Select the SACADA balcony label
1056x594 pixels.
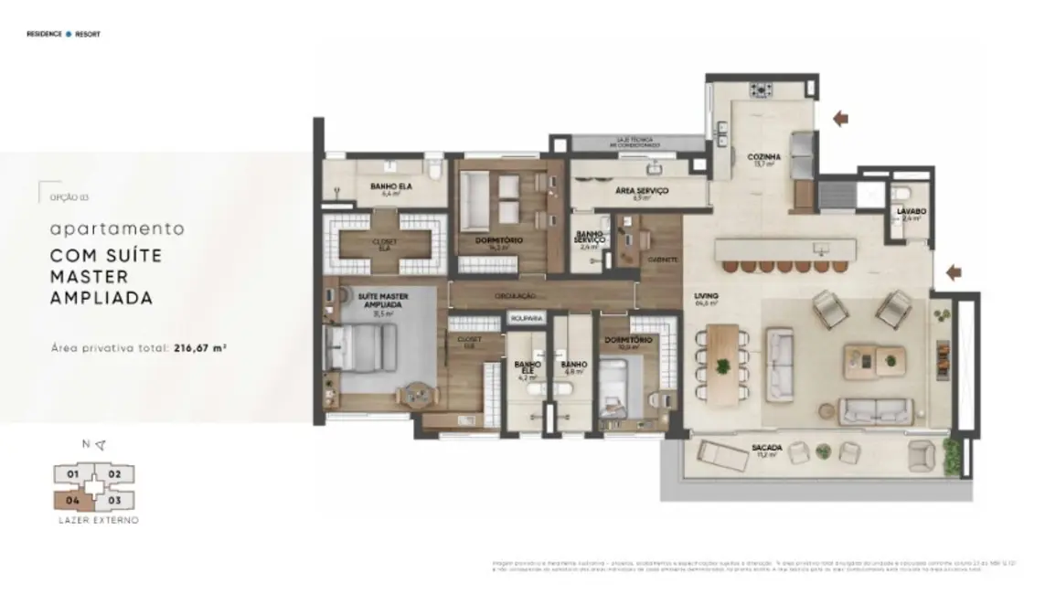click(x=767, y=447)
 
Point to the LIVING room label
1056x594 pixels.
click(x=706, y=296)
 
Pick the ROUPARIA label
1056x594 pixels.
click(x=528, y=318)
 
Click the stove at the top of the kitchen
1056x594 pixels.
click(x=761, y=90)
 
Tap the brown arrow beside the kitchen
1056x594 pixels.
click(x=841, y=117)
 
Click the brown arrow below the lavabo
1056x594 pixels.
click(x=954, y=271)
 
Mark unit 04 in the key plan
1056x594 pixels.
click(x=69, y=500)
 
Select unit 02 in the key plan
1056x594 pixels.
click(x=115, y=474)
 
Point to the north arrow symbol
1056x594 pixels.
click(x=100, y=445)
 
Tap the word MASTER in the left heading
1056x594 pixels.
click(x=90, y=276)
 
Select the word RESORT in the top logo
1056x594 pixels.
click(x=88, y=34)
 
